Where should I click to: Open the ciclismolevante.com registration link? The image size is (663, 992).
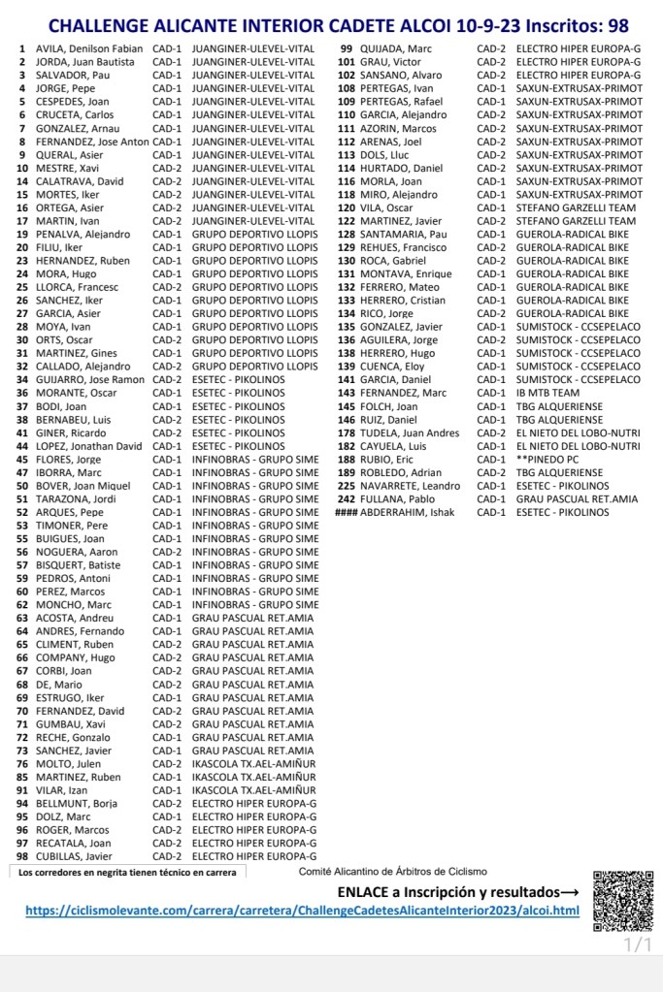pos(302,911)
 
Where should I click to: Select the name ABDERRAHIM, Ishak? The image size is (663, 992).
pos(407,513)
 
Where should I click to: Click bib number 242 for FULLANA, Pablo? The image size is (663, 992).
pos(346,499)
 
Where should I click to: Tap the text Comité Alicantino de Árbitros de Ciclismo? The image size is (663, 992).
pos(393,872)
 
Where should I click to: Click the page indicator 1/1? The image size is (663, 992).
pos(637,944)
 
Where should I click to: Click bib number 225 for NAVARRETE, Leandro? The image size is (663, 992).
pos(346,486)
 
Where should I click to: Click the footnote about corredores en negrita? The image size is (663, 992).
pos(127,872)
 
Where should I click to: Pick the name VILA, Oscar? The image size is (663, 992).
pos(387,208)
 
